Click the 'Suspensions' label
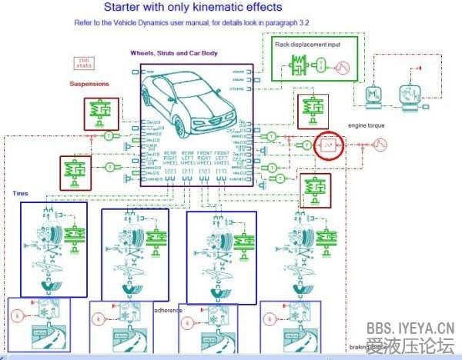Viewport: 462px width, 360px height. (89, 83)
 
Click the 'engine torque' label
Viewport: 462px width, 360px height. (366, 125)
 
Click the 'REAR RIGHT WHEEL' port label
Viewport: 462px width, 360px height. (170, 159)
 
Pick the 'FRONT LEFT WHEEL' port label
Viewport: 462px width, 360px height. (223, 159)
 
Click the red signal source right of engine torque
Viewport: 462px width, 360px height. (380, 144)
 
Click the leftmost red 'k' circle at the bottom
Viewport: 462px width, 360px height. (17, 315)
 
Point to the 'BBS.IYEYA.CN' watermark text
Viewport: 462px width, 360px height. (413, 328)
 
